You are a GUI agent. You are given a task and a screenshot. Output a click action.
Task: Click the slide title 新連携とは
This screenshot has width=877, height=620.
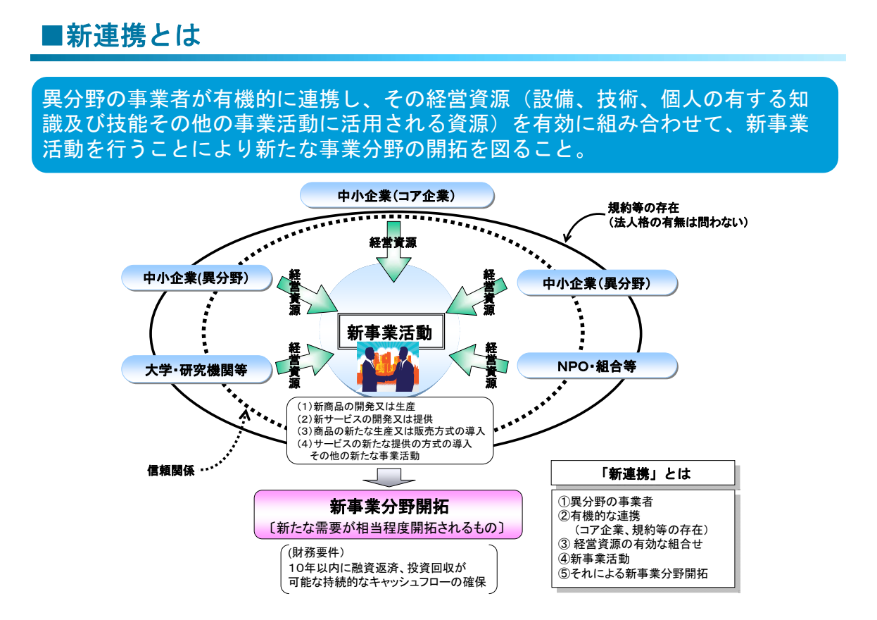coord(134,35)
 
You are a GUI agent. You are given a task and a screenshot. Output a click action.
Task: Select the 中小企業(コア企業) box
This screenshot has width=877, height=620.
coord(396,195)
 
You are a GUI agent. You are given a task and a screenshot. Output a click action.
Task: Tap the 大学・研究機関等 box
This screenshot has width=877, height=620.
coord(196,368)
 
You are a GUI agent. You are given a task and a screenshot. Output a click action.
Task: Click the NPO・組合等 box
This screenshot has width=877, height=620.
coord(597,366)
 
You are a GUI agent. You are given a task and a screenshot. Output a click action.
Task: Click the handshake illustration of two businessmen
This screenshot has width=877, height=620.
coord(388,368)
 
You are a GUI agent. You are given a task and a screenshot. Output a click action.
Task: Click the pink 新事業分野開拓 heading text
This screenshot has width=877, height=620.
coord(389,506)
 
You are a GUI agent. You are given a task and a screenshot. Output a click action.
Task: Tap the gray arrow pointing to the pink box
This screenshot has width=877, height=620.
coord(388,477)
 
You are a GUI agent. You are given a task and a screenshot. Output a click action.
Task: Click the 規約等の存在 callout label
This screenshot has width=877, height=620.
coord(643,209)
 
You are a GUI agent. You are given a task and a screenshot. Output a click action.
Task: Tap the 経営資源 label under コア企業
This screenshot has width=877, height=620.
coord(393,242)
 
